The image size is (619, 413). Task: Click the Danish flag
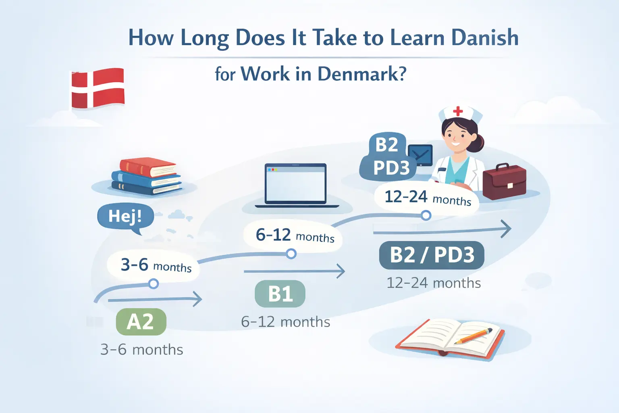point(98,88)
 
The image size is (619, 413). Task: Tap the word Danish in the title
point(485,38)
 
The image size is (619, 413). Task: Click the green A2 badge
point(141,322)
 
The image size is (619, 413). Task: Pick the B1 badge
point(280,294)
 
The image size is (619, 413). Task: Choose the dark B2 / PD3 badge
point(432,255)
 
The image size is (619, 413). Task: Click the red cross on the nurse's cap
point(458,111)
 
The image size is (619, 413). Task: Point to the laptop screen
point(295,184)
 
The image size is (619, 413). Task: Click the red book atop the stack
point(148,167)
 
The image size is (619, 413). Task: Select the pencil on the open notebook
point(473,336)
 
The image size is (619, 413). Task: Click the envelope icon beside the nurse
point(420,155)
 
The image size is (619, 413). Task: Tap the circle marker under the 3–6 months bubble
point(154,284)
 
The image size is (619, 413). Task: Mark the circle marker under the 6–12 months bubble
point(291,253)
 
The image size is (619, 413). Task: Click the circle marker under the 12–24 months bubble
point(426,215)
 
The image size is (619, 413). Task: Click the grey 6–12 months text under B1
point(285,322)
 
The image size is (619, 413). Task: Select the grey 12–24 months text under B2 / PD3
point(434,283)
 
